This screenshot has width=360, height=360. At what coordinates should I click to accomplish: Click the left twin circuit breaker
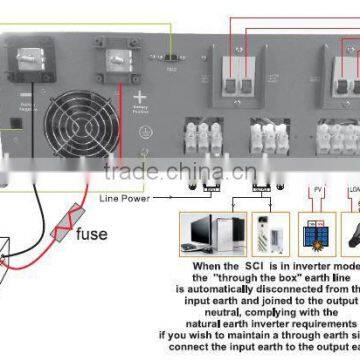(x=245, y=74)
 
